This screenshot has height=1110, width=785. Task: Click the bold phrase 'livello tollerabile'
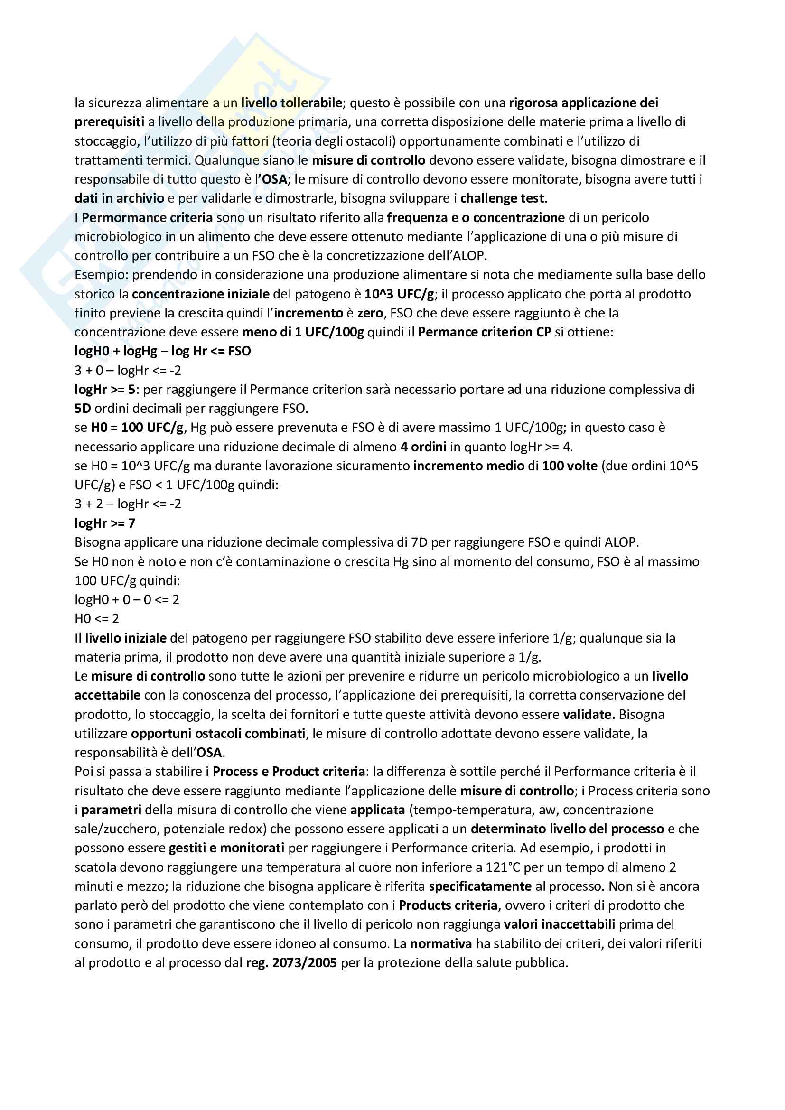(x=291, y=103)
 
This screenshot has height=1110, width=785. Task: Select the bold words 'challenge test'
(x=502, y=198)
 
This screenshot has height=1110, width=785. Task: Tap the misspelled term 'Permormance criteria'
(x=147, y=217)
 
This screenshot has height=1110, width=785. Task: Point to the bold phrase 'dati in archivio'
(x=120, y=198)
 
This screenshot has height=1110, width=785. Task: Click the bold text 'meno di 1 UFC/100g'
(x=303, y=332)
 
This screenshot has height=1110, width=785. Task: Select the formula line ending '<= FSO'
(x=162, y=352)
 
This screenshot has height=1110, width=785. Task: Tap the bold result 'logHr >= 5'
(x=105, y=390)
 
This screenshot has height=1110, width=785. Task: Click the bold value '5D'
(x=83, y=409)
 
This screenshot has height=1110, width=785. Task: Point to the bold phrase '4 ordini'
(x=423, y=447)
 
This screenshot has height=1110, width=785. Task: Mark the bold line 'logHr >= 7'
(x=105, y=523)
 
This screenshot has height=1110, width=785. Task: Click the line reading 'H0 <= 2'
(x=97, y=619)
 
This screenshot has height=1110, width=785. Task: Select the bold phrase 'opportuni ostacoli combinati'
(x=218, y=733)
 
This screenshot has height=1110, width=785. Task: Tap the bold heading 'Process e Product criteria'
(x=289, y=772)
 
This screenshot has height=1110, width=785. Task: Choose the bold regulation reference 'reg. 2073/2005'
(x=291, y=962)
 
